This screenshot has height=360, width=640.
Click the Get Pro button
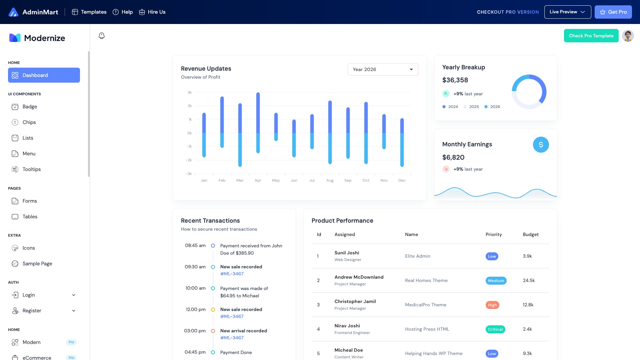coord(613,12)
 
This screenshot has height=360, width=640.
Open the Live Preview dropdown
coord(567,12)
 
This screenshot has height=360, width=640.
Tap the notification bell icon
coord(102,36)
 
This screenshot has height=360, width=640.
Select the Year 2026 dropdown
coord(383,69)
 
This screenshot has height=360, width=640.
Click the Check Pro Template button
coord(591,36)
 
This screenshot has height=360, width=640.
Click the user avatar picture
coord(628,36)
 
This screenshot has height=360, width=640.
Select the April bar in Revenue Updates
coord(258,123)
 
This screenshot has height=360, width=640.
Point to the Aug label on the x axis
coord(330,180)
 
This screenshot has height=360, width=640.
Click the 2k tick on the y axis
coord(190,106)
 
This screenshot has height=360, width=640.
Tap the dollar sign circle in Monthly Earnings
coord(541,145)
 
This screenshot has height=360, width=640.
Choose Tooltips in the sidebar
coord(32,169)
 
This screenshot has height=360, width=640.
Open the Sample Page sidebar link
coord(37,264)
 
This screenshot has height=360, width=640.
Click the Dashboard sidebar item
coord(44,75)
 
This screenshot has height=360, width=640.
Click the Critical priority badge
coord(495,329)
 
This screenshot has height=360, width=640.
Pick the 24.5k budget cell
coord(529,280)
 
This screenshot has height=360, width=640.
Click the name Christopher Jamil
coord(355,301)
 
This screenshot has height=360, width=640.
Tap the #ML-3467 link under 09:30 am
coord(232,274)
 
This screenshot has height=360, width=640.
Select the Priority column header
coord(493,234)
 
